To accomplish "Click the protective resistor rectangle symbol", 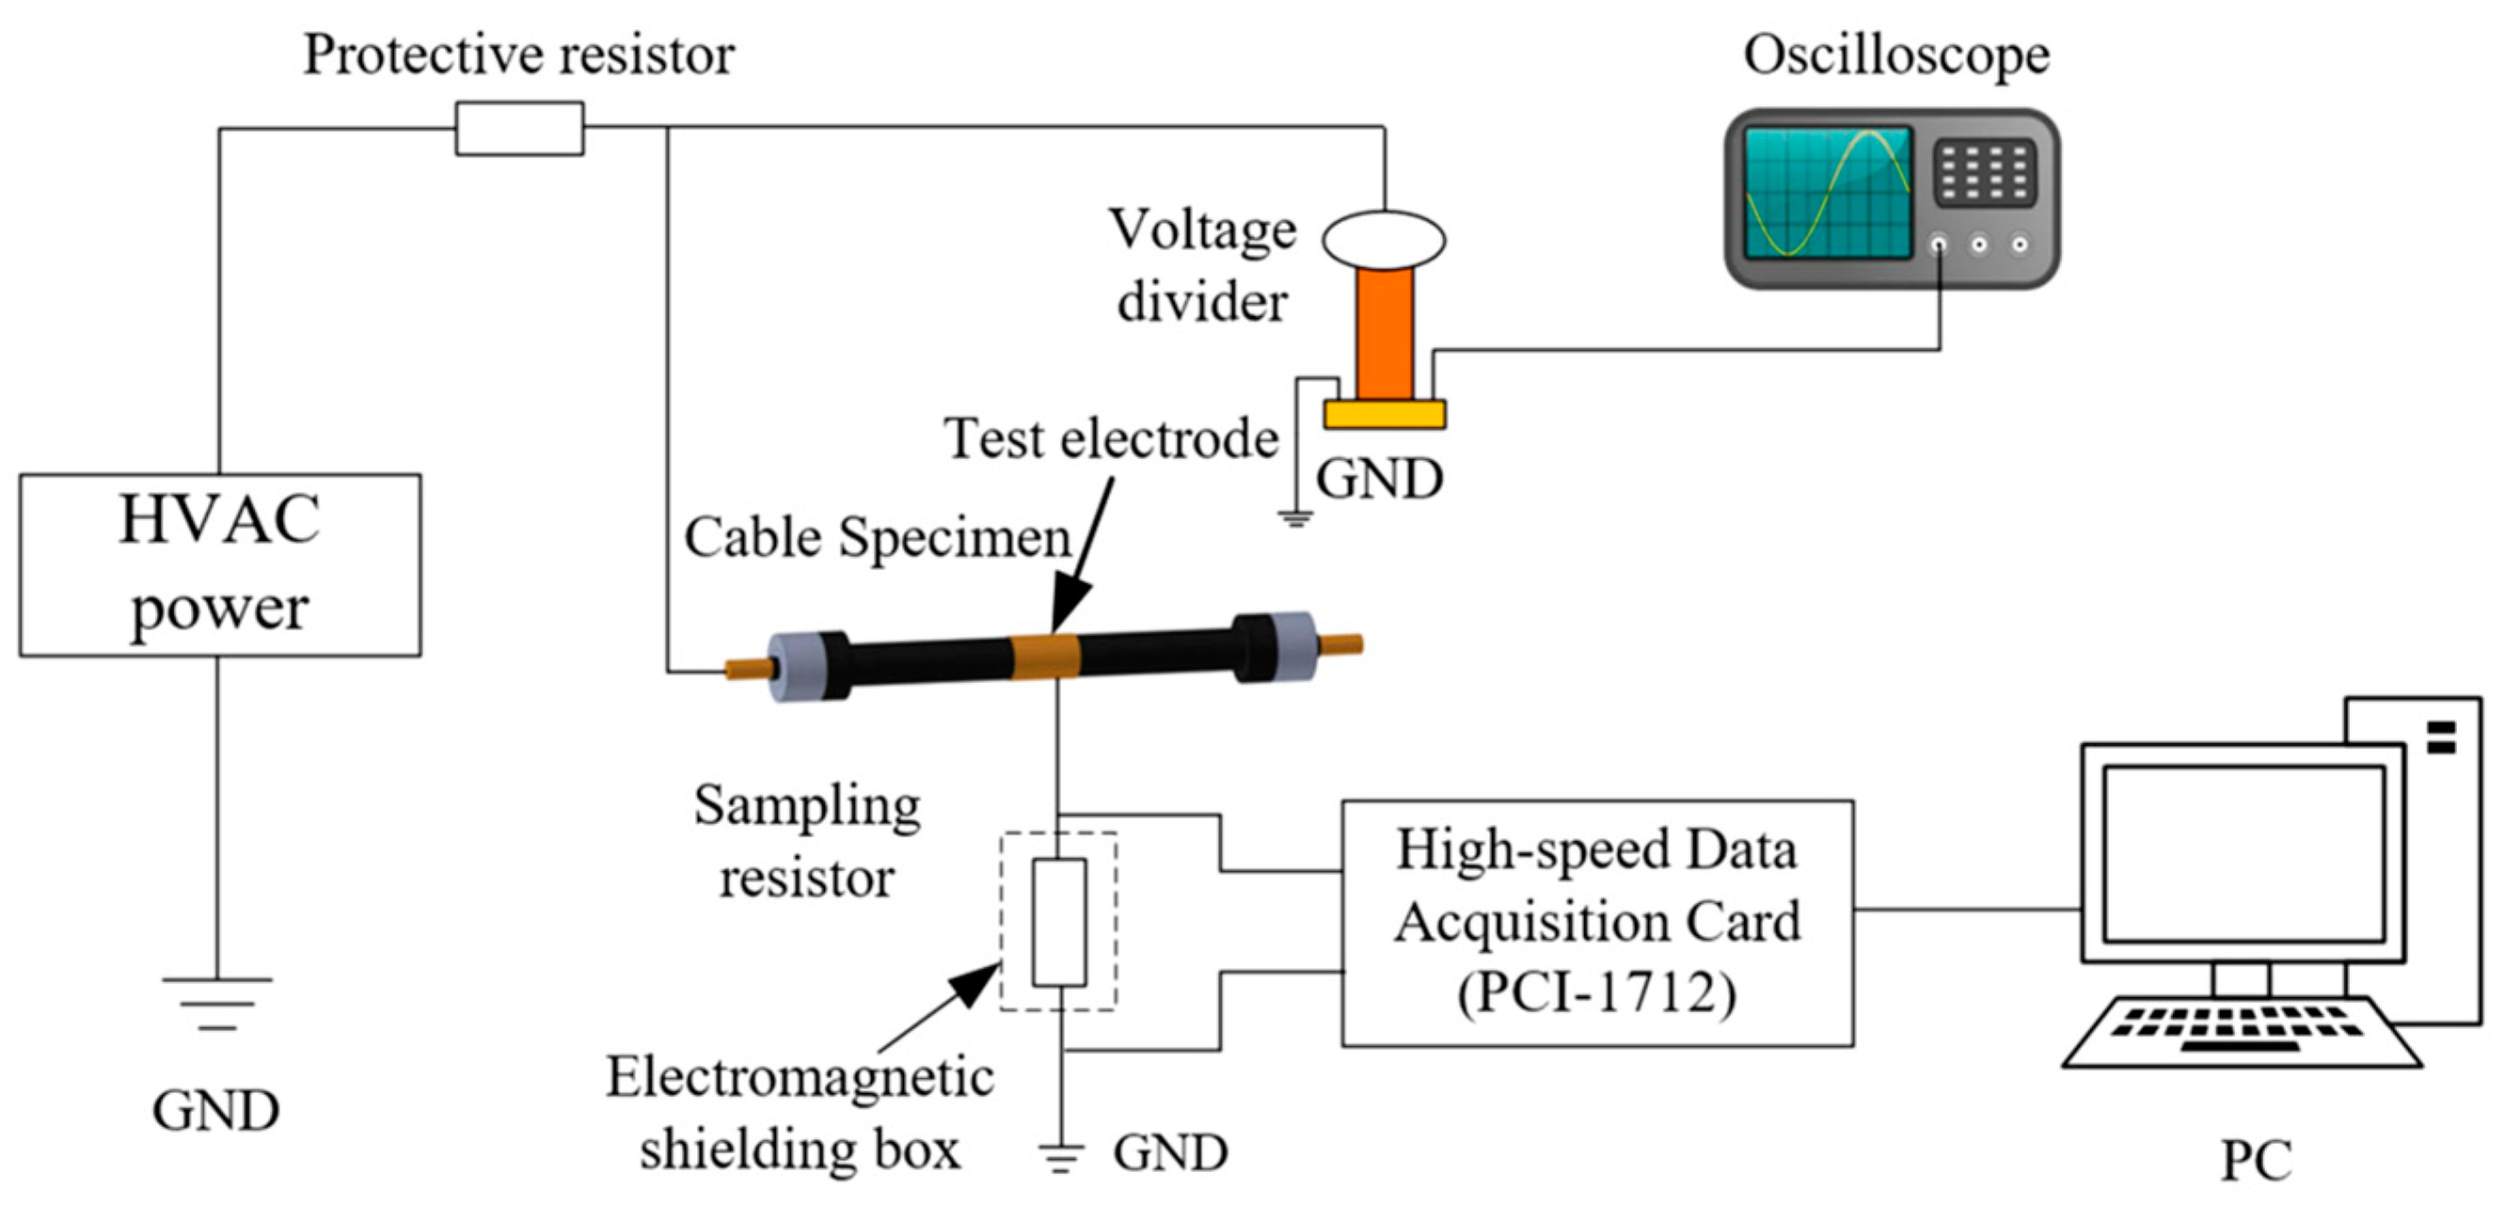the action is (520, 128).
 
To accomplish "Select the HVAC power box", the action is (221, 565).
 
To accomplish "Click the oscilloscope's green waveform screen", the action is (1828, 192).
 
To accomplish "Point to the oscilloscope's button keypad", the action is (1985, 173).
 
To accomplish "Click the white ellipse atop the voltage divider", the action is (1384, 239).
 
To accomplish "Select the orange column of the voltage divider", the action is (1386, 334).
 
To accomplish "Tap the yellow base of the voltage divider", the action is (1385, 414).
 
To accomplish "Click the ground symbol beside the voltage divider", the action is (1295, 517).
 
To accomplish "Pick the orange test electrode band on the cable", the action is (1045, 657).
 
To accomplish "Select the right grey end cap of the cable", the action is (1294, 646).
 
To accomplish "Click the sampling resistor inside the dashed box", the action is (1059, 922).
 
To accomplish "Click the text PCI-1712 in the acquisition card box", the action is (1596, 994).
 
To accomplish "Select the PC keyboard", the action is (2242, 1033).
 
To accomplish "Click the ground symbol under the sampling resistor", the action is (1060, 1158).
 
